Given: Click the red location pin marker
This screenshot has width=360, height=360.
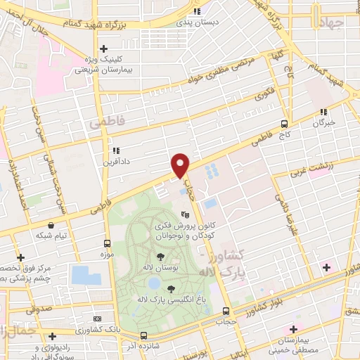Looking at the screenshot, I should (x=180, y=166).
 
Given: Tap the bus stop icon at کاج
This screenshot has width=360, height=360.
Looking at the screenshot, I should (x=285, y=122).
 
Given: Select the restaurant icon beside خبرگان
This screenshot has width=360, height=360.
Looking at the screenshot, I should (x=323, y=112).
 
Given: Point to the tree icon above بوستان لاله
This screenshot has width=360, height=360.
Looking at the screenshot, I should (x=161, y=256).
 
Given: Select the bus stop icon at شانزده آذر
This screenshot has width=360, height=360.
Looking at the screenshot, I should (x=143, y=335).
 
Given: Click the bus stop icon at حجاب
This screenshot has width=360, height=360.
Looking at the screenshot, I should (x=226, y=311).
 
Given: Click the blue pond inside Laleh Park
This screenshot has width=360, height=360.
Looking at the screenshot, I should (x=153, y=284).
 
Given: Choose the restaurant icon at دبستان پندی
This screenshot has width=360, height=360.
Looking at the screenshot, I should (x=197, y=12).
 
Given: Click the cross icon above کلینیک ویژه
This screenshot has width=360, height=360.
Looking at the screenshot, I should (x=104, y=49).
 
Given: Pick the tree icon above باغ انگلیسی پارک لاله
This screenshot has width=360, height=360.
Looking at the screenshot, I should (x=172, y=288).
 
